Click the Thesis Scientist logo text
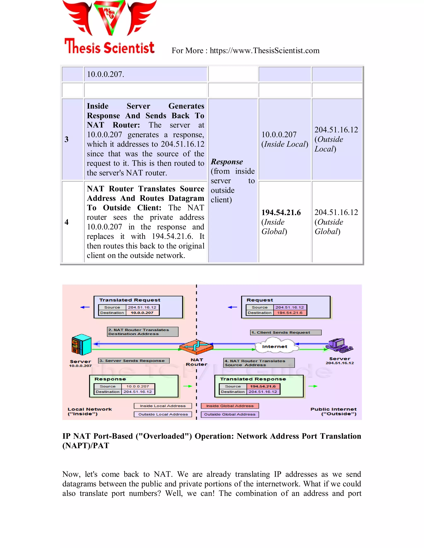point(110,47)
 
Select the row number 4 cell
point(67,222)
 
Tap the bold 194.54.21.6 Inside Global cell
point(281,213)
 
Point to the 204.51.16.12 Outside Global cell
point(336,222)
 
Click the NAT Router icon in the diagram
point(196,347)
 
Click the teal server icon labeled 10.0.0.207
point(81,345)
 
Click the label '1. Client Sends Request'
point(285,333)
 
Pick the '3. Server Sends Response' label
point(133,361)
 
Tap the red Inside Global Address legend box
point(230,406)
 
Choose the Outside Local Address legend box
point(163,414)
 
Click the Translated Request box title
point(130,300)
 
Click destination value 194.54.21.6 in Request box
point(290,313)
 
